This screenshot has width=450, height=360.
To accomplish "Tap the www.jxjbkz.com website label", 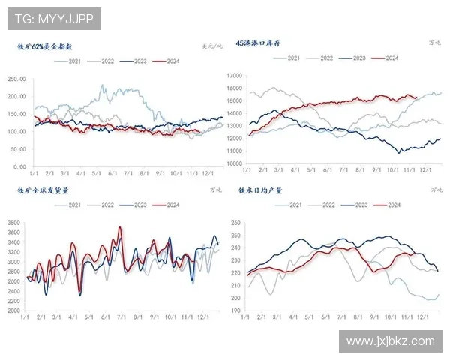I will click(391, 341).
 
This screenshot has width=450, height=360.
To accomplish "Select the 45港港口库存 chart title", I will click(259, 44).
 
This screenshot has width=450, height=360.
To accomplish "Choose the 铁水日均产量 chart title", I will click(259, 190).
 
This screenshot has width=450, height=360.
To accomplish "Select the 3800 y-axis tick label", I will click(14, 223).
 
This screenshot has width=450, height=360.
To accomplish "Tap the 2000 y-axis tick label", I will click(14, 310).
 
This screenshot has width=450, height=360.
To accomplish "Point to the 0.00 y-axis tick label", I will click(20, 166).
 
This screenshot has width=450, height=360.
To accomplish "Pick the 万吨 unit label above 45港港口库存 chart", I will click(435, 44).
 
